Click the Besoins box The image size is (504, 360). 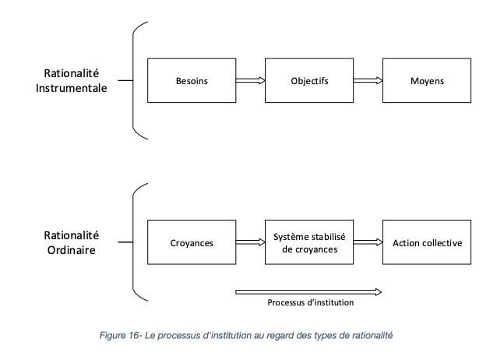click(x=192, y=80)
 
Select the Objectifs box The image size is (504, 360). click(x=309, y=80)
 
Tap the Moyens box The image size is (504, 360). click(x=427, y=80)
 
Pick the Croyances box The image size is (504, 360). click(x=192, y=242)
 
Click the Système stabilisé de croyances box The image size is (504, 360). click(x=309, y=242)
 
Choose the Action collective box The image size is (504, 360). click(x=427, y=242)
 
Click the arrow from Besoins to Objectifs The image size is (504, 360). click(x=250, y=80)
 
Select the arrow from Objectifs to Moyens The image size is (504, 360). click(x=368, y=80)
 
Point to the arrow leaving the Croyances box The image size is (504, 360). click(x=250, y=242)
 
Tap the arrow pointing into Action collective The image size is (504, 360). click(x=368, y=242)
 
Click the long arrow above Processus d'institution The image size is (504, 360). click(x=308, y=292)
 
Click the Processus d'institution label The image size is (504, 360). click(x=311, y=302)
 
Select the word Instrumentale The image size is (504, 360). click(x=72, y=88)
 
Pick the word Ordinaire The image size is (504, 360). click(x=72, y=250)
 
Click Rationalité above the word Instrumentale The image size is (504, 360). click(x=72, y=73)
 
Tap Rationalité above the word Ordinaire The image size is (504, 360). click(x=72, y=235)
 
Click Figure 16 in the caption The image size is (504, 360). click(x=119, y=336)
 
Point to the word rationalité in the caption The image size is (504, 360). click(x=372, y=336)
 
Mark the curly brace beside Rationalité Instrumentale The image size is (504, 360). click(x=133, y=80)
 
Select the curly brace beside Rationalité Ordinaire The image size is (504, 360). click(x=133, y=242)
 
